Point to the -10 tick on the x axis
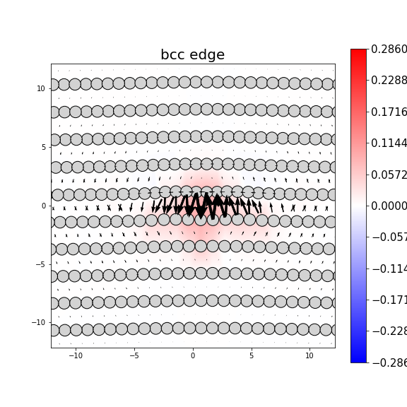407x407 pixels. [75, 355]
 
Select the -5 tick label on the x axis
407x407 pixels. [134, 355]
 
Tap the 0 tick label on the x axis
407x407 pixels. [192, 355]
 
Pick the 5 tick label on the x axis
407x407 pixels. [251, 355]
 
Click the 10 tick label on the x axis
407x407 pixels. [309, 355]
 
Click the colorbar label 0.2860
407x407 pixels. [389, 49]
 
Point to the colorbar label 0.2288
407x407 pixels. [389, 81]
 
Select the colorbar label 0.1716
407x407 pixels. [389, 112]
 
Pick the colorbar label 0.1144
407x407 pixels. [389, 143]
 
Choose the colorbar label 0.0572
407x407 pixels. [389, 175]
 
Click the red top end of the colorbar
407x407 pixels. [358, 52]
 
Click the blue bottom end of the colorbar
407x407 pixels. [358, 360]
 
